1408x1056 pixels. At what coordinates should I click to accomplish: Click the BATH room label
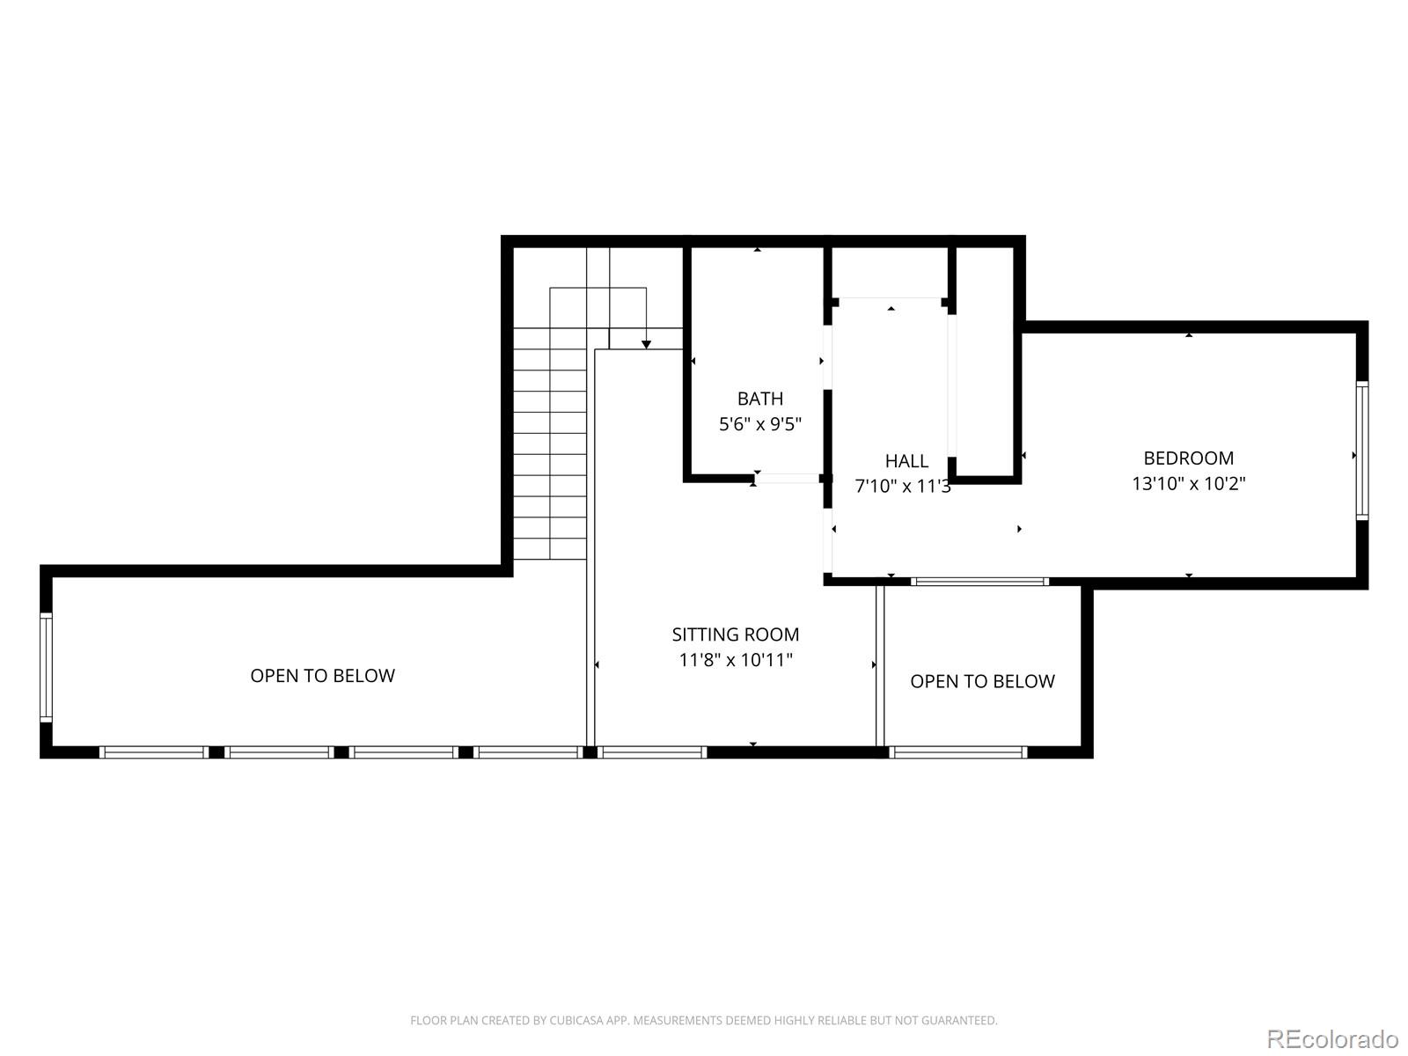pyautogui.click(x=760, y=399)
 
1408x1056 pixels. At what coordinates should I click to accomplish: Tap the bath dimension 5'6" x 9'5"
pyautogui.click(x=760, y=424)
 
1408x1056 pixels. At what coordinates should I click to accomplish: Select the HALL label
pyautogui.click(x=906, y=460)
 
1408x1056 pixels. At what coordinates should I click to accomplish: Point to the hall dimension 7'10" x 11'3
pyautogui.click(x=903, y=486)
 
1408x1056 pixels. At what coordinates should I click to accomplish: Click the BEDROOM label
pyautogui.click(x=1188, y=458)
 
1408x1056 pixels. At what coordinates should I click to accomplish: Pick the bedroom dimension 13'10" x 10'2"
pyautogui.click(x=1188, y=483)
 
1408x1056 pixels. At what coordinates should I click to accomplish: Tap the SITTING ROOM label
pyautogui.click(x=736, y=634)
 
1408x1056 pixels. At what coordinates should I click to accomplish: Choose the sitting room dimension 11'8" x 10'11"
pyautogui.click(x=736, y=660)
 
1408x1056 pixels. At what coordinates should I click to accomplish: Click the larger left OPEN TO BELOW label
pyautogui.click(x=322, y=676)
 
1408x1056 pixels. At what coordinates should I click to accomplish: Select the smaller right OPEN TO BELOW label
pyautogui.click(x=982, y=681)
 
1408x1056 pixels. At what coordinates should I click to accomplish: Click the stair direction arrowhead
pyautogui.click(x=646, y=344)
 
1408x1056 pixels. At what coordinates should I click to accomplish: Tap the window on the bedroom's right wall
pyautogui.click(x=1361, y=450)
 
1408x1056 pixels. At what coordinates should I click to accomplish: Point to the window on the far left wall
pyautogui.click(x=46, y=668)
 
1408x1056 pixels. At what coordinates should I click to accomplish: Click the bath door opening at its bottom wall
pyautogui.click(x=788, y=479)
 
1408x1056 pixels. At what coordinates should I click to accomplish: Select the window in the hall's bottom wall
pyautogui.click(x=979, y=582)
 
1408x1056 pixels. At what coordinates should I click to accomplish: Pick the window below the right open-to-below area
pyautogui.click(x=958, y=752)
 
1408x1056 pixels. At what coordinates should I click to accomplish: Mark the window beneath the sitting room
pyautogui.click(x=652, y=752)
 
